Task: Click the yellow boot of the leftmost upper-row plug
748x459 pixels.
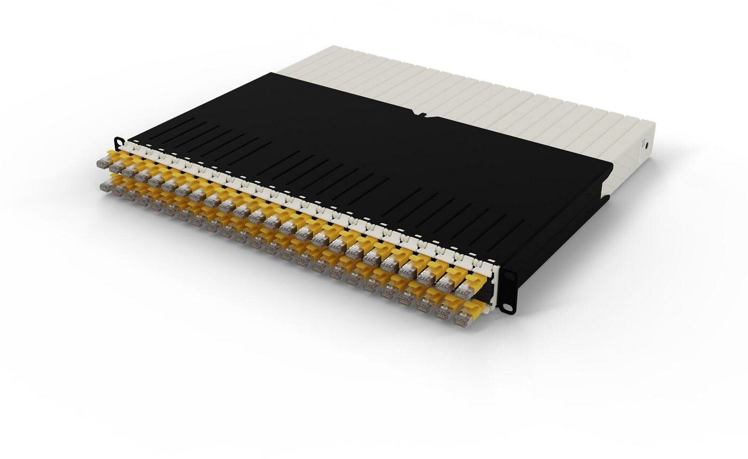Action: click(113, 156)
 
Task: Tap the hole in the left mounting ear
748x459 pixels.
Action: click(118, 141)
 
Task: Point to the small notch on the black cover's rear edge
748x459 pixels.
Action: click(422, 113)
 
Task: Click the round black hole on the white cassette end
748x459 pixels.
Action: click(647, 145)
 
